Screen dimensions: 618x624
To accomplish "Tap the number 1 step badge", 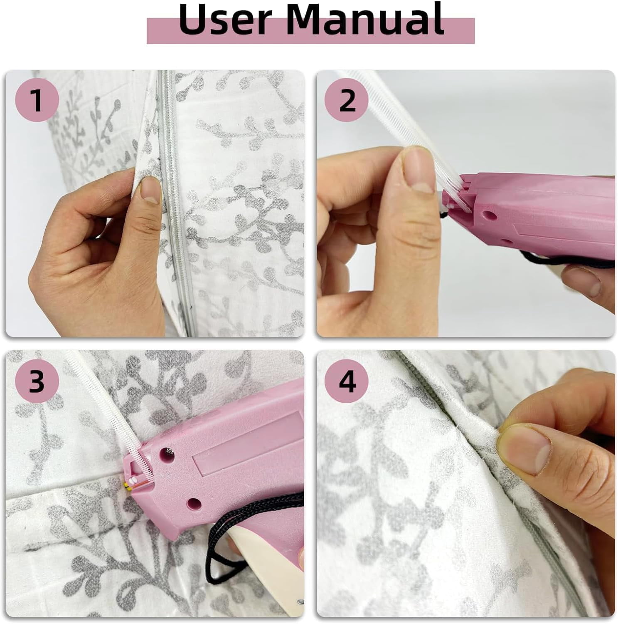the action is point(37,100).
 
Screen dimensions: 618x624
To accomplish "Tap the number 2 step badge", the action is point(347,100).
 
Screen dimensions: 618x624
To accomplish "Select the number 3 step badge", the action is point(37,381).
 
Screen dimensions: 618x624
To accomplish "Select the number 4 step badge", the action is point(347,381).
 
